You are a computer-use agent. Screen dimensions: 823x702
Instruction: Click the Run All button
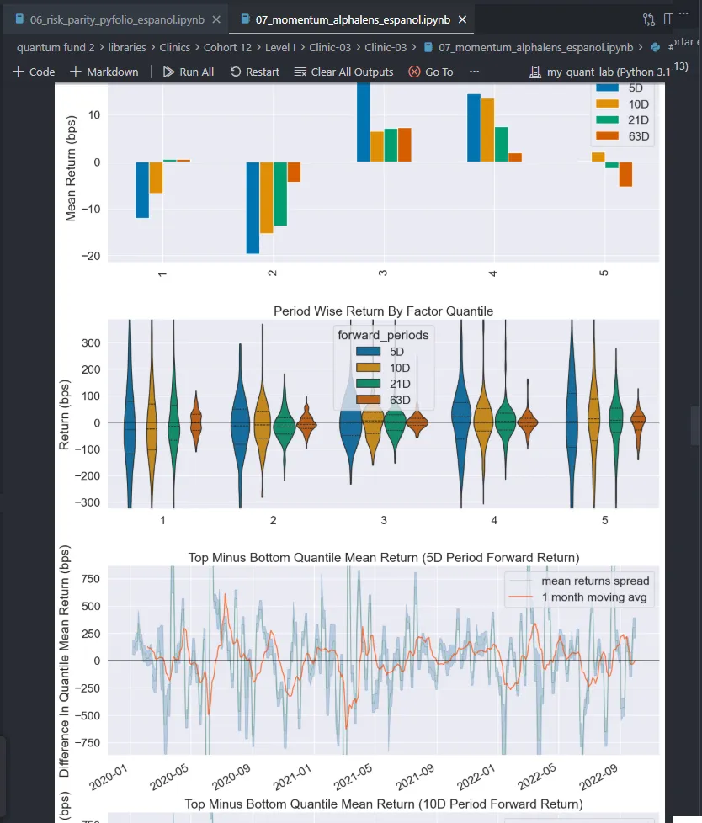coord(188,72)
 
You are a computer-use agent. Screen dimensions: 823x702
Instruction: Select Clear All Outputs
coord(343,72)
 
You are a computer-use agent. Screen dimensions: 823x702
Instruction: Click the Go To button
coord(430,72)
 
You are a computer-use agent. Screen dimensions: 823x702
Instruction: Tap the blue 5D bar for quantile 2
coord(253,207)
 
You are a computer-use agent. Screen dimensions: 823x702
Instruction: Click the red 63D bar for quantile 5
coord(625,173)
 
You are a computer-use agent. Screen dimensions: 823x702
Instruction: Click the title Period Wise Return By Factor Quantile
coord(383,311)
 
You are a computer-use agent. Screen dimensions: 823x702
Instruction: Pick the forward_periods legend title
coord(383,335)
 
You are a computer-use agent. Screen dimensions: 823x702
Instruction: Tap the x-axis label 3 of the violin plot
coord(383,521)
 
